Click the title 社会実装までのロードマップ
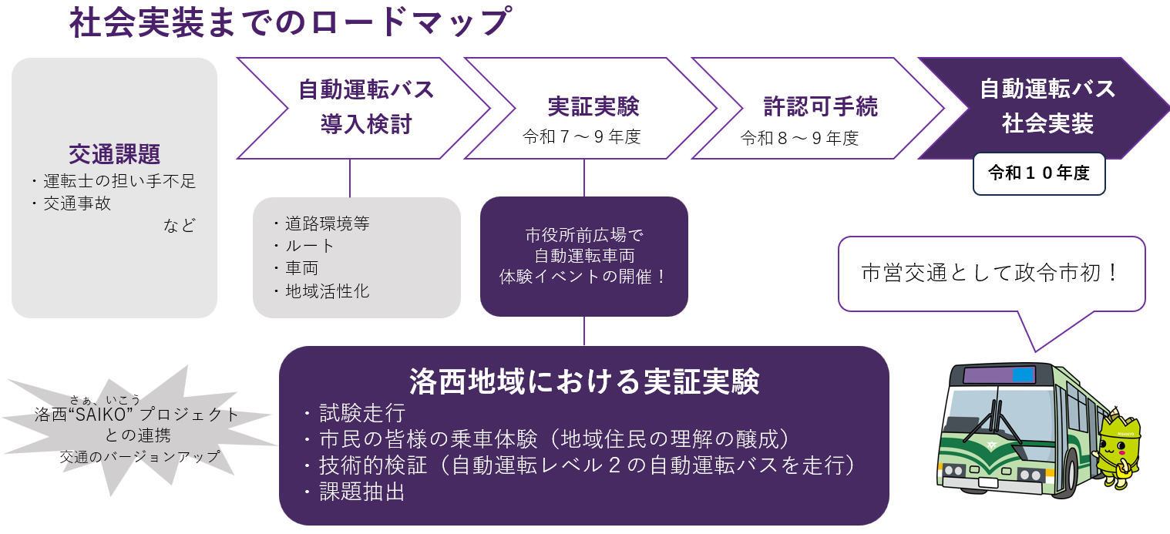pos(289,23)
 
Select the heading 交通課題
pos(114,154)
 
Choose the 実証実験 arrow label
pos(593,106)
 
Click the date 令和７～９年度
pos(581,138)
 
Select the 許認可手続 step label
pos(820,106)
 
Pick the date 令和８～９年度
pos(799,139)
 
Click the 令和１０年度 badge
pos(1039,173)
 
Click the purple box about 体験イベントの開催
pos(583,256)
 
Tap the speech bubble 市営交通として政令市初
pos(991,274)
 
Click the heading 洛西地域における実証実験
pos(583,381)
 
